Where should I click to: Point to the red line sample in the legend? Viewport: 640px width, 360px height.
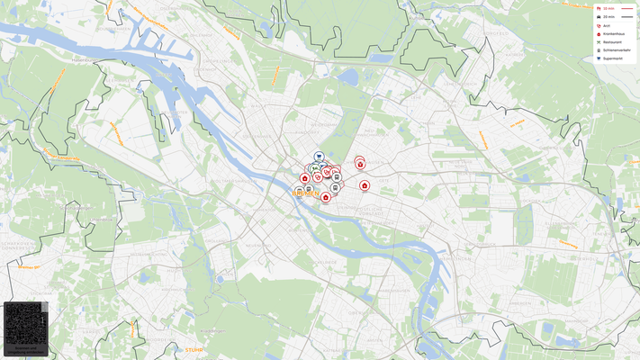point(627,8)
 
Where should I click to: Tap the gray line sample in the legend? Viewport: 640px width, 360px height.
point(627,17)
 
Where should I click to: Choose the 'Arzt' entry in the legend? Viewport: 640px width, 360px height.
point(607,25)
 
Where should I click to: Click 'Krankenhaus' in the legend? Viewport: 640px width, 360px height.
point(612,33)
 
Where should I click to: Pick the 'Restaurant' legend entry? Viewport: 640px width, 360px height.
point(611,41)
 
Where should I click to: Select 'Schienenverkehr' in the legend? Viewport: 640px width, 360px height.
point(616,49)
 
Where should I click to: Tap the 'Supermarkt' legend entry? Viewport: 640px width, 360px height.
point(611,58)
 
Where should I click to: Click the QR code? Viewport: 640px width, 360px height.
point(25,323)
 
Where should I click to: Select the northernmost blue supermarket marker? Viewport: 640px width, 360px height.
point(319,157)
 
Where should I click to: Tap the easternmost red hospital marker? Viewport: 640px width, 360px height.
point(365,185)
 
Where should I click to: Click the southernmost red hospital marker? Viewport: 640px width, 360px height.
point(326,197)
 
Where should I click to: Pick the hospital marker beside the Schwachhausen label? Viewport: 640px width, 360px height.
point(360,163)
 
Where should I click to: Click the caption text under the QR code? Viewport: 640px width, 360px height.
point(25,349)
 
